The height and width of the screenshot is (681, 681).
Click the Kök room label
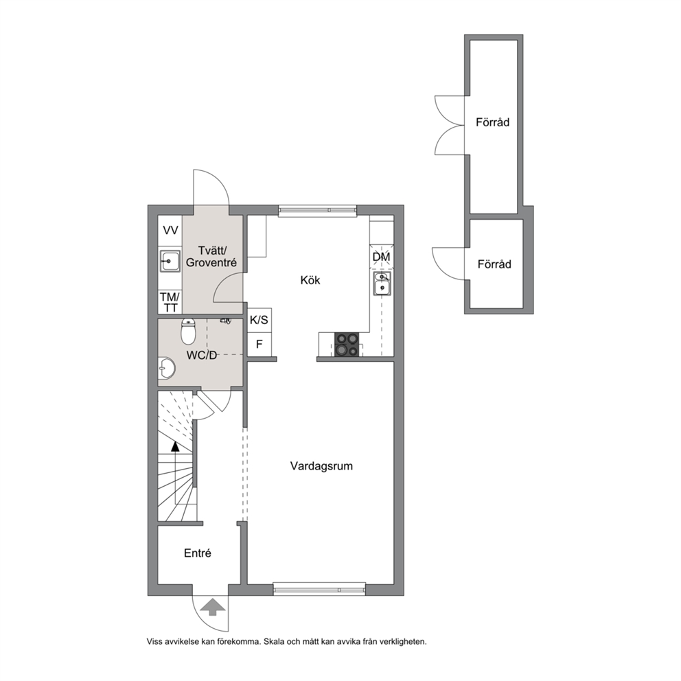(x=310, y=280)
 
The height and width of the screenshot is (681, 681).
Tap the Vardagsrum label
(x=321, y=466)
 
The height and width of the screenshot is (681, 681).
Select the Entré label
(x=198, y=553)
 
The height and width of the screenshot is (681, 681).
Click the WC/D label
(x=202, y=356)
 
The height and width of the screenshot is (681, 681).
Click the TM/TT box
(x=170, y=302)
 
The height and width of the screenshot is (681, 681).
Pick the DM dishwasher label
(x=381, y=257)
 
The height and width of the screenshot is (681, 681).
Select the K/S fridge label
(x=259, y=321)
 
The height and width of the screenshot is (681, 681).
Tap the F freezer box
(x=259, y=345)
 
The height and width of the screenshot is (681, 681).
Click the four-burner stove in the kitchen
(x=347, y=345)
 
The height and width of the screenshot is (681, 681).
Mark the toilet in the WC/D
(x=188, y=331)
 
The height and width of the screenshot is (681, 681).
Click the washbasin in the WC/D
(x=166, y=368)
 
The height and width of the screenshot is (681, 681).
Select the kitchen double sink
(x=382, y=284)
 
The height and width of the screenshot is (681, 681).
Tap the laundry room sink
(x=170, y=261)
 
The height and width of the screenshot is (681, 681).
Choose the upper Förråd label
(x=492, y=122)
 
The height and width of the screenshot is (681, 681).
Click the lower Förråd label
(x=494, y=264)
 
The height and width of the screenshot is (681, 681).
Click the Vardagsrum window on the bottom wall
(x=319, y=590)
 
